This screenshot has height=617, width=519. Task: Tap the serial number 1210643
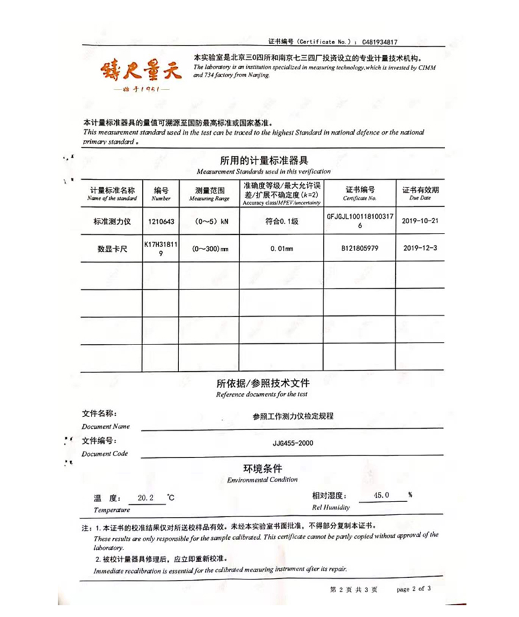[161, 221]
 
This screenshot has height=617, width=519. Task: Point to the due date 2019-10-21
[420, 221]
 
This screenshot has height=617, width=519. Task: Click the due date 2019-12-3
[420, 248]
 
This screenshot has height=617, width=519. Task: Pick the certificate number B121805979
[359, 248]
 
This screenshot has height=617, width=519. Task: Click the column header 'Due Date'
[420, 199]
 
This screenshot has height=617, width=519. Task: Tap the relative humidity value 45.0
[382, 496]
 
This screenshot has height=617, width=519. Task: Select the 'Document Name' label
[106, 426]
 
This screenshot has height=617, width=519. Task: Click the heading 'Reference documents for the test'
[262, 394]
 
